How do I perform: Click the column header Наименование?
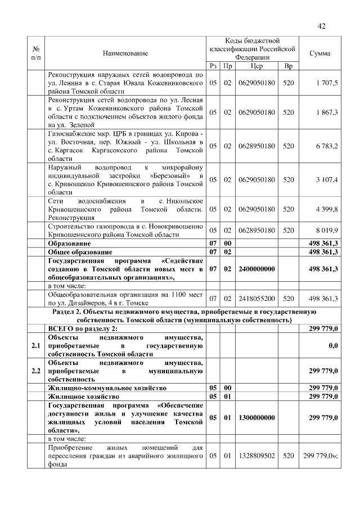pyautogui.click(x=125, y=53)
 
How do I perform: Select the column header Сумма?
pyautogui.click(x=320, y=53)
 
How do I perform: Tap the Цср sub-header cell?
pyautogui.click(x=256, y=66)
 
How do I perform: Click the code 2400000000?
pyautogui.click(x=256, y=269)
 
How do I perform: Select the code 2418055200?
pyautogui.click(x=256, y=299)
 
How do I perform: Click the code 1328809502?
pyautogui.click(x=256, y=456)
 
